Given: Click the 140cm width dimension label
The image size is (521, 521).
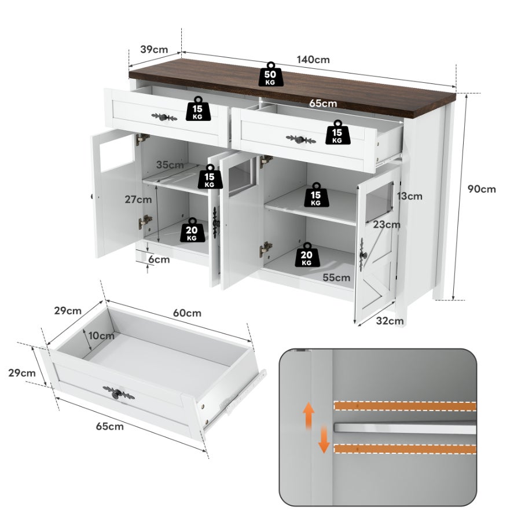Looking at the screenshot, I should click(x=313, y=60).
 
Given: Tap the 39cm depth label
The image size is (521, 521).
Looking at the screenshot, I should click(x=155, y=49).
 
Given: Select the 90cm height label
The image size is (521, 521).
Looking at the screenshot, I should click(x=482, y=189).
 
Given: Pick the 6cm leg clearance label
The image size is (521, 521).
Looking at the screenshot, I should click(x=159, y=259).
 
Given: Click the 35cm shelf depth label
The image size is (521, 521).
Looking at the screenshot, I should click(x=169, y=164).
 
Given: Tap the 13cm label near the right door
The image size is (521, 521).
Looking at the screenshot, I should click(x=410, y=196).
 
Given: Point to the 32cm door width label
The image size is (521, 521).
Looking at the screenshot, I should click(x=389, y=321).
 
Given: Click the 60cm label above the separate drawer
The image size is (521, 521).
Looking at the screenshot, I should click(x=187, y=313).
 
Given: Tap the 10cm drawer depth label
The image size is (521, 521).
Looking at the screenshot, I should click(x=101, y=335).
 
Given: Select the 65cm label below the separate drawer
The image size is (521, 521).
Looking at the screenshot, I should click(x=109, y=427).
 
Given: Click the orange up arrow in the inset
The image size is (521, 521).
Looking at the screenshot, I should click(x=309, y=414).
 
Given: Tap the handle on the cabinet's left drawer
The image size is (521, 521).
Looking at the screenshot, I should click(x=164, y=118).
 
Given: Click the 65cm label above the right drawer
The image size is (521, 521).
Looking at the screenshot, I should click(x=322, y=104).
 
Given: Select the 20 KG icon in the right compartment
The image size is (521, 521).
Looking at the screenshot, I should click(x=307, y=255).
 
